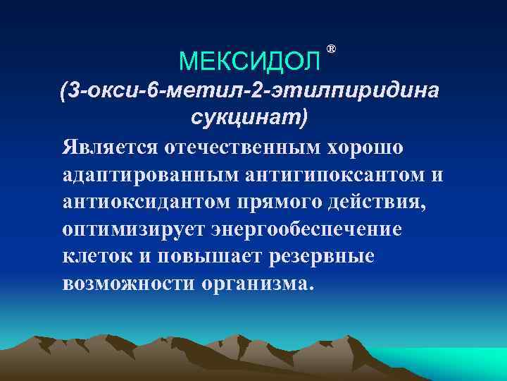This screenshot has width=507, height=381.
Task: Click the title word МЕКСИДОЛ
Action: [249, 62]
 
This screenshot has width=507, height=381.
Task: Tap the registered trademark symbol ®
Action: [332, 49]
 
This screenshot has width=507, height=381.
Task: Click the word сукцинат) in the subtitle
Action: [249, 117]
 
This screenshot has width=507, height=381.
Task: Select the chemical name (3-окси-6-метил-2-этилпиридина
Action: [249, 90]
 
